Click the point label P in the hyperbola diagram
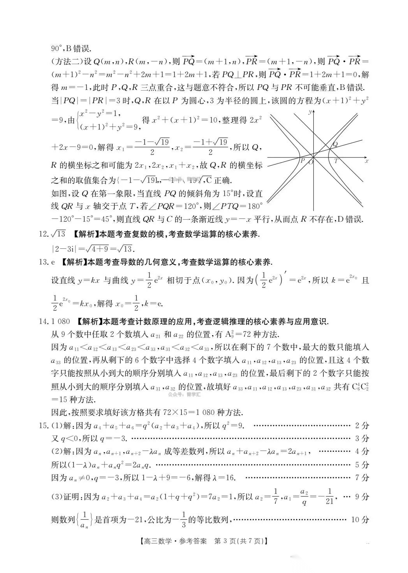click(302, 160)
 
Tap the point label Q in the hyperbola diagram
click(335, 144)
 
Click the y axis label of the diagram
click(309, 112)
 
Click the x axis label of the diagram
click(366, 160)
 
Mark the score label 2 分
click(362, 426)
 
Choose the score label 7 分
click(362, 477)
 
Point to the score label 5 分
click(362, 465)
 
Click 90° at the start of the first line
click(57, 49)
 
